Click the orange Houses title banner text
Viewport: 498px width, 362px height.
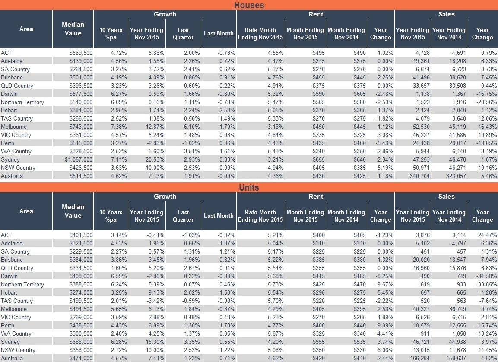pyautogui.click(x=249, y=5)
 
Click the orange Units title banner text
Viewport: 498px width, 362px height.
pyautogui.click(x=249, y=187)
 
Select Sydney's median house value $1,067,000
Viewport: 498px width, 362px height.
pyautogui.click(x=79, y=159)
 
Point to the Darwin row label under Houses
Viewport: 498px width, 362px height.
pyautogui.click(x=9, y=94)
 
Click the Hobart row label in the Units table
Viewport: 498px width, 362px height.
pyautogui.click(x=9, y=292)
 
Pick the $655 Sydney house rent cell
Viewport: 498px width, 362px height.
pyautogui.click(x=318, y=159)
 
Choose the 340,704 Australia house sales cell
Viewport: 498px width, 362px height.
pyautogui.click(x=419, y=176)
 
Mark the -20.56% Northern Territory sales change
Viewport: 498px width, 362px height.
pyautogui.click(x=487, y=102)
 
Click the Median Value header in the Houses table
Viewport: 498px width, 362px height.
pyautogui.click(x=73, y=29)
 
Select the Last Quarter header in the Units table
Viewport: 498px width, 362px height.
pyautogui.click(x=183, y=216)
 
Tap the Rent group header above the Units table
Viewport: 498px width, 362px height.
pyautogui.click(x=316, y=197)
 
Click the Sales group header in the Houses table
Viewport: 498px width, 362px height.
pyautogui.click(x=446, y=14)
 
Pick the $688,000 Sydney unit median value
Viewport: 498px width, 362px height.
pyautogui.click(x=81, y=342)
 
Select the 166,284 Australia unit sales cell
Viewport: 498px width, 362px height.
pyautogui.click(x=419, y=358)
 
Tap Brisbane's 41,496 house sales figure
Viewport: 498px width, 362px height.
pyautogui.click(x=421, y=77)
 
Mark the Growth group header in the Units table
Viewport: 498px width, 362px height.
pyautogui.click(x=165, y=197)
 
